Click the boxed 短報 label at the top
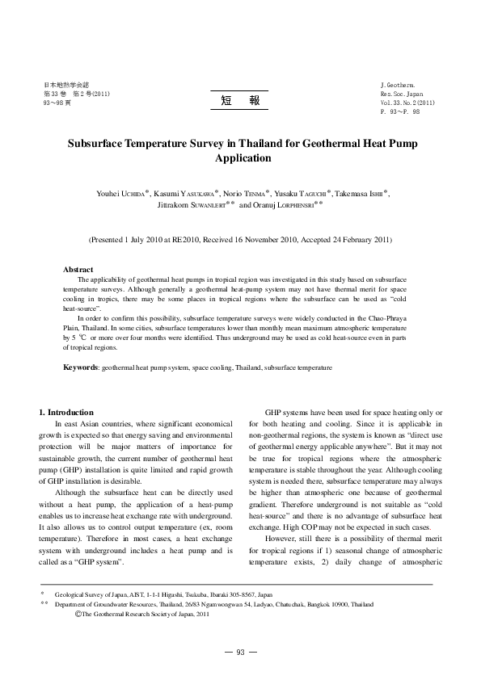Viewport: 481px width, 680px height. [239, 100]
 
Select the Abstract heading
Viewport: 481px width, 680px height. [78, 269]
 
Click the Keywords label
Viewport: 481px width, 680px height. [81, 367]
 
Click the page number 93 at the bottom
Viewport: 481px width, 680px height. [240, 652]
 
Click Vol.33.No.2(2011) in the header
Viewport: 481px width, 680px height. [408, 103]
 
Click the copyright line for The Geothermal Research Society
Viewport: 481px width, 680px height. [142, 614]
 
